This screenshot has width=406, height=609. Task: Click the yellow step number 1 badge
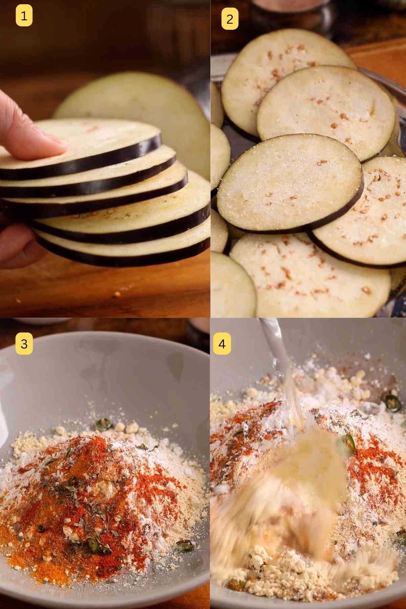(x=24, y=16)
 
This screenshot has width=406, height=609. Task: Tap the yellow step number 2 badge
(x=230, y=19)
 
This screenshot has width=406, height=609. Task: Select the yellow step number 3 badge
(x=24, y=344)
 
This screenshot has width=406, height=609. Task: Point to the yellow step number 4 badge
(x=222, y=344)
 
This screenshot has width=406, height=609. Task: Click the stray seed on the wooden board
(x=117, y=294)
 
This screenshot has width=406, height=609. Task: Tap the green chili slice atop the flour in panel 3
(x=101, y=423)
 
